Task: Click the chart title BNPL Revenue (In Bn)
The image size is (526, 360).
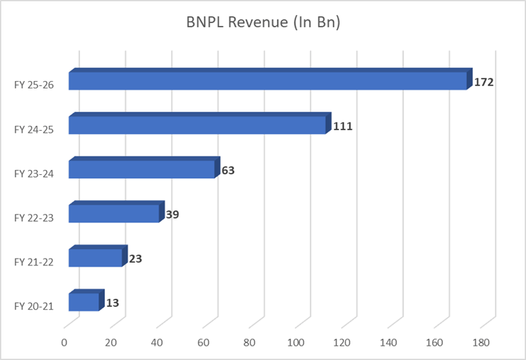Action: click(x=263, y=22)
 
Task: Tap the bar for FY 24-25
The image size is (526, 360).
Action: click(x=197, y=125)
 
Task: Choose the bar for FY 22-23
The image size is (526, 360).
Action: click(x=114, y=214)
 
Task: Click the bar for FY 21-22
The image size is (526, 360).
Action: click(x=95, y=258)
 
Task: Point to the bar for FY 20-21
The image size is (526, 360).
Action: click(x=84, y=302)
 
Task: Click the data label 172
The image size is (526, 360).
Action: click(x=483, y=82)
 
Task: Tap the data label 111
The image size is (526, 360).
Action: click(x=342, y=127)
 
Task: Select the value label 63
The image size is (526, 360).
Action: click(x=228, y=170)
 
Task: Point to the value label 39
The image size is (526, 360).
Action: click(x=173, y=214)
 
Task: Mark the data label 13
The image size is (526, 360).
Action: click(x=112, y=303)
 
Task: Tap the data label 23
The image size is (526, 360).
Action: click(x=135, y=259)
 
